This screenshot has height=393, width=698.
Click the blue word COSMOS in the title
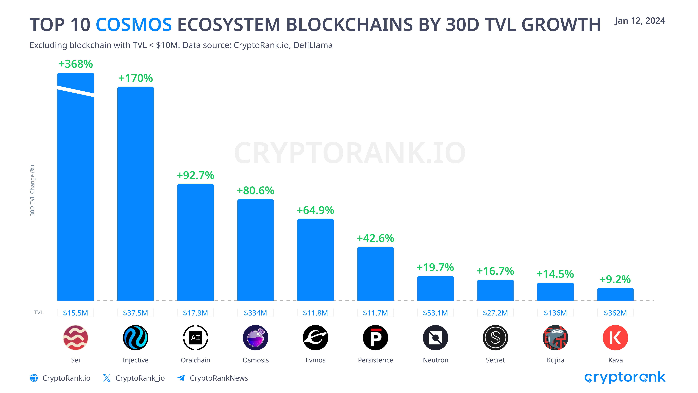pyautogui.click(x=134, y=25)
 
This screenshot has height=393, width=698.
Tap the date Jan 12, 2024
pyautogui.click(x=639, y=21)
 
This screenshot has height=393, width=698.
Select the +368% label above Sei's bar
pyautogui.click(x=76, y=64)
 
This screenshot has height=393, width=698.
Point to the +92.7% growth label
pyautogui.click(x=195, y=175)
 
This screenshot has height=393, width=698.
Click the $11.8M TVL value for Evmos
pyautogui.click(x=315, y=313)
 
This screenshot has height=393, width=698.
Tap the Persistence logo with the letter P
pyautogui.click(x=375, y=338)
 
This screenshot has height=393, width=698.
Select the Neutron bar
pyautogui.click(x=435, y=288)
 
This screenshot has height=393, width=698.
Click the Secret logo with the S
pyautogui.click(x=495, y=338)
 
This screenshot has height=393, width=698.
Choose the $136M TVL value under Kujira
pyautogui.click(x=555, y=313)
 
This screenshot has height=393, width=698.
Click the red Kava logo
pyautogui.click(x=615, y=338)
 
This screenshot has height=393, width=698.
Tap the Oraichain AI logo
pyautogui.click(x=195, y=338)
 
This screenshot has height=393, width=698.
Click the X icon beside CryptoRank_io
pyautogui.click(x=107, y=378)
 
